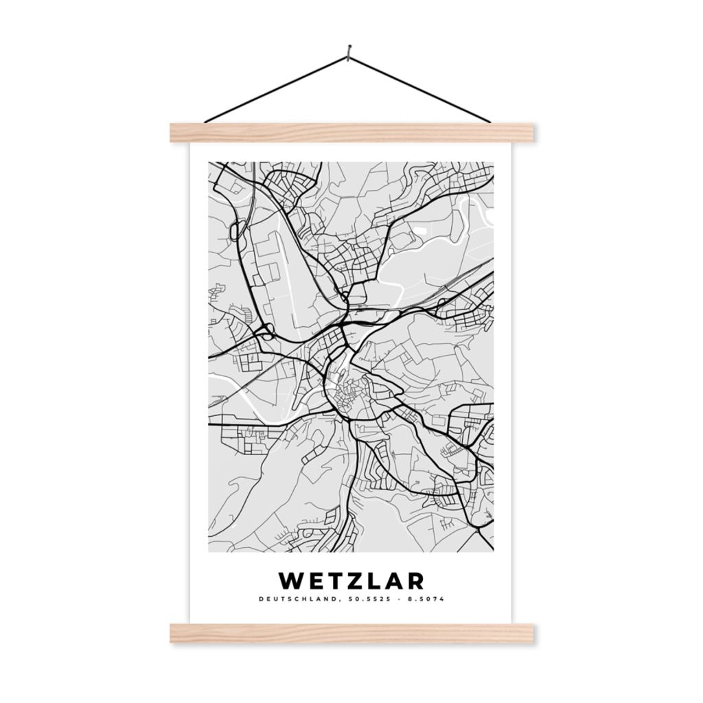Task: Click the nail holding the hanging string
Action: (350, 49)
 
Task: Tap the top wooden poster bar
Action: (351, 132)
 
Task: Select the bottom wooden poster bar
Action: (351, 633)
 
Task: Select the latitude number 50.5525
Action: (363, 599)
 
